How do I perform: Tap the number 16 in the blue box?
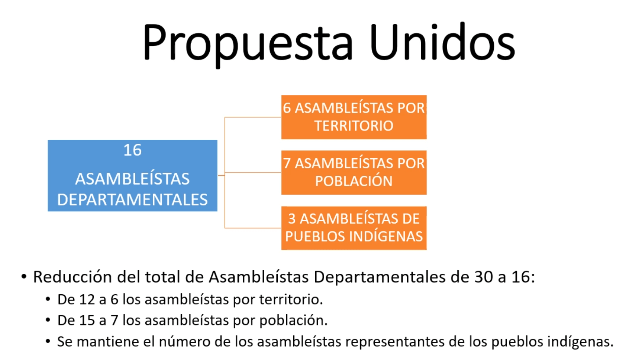tap(132, 150)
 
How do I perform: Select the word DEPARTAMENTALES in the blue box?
tap(132, 200)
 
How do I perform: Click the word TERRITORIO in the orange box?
tap(354, 126)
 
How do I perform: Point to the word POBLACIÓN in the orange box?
tap(354, 181)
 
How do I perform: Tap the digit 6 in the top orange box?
tap(287, 108)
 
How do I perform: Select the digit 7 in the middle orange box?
tap(287, 163)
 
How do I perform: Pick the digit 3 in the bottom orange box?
tap(292, 219)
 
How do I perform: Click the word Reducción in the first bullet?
tap(73, 277)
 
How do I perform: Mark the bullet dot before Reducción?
tap(24, 277)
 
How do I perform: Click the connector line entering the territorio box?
tap(253, 117)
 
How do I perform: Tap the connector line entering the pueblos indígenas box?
tap(253, 228)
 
